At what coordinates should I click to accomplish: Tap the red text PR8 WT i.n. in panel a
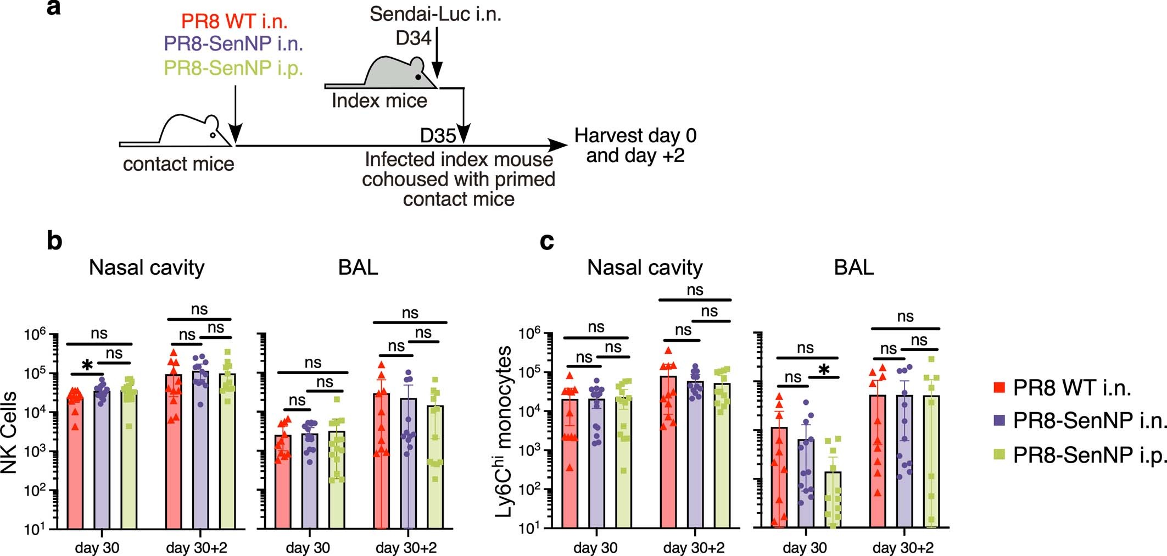234,21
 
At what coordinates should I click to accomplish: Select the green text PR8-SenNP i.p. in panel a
233,68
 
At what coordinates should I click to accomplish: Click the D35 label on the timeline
438,135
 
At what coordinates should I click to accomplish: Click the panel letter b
54,241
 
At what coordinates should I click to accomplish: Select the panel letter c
546,241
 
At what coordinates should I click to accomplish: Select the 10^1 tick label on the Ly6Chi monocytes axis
531,528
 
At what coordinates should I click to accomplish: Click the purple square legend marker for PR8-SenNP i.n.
1000,421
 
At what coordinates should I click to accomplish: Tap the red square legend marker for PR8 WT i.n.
1000,388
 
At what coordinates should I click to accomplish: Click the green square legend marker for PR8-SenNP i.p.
1000,454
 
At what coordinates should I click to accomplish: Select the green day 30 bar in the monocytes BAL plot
832,500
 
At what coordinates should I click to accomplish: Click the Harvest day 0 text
635,135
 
